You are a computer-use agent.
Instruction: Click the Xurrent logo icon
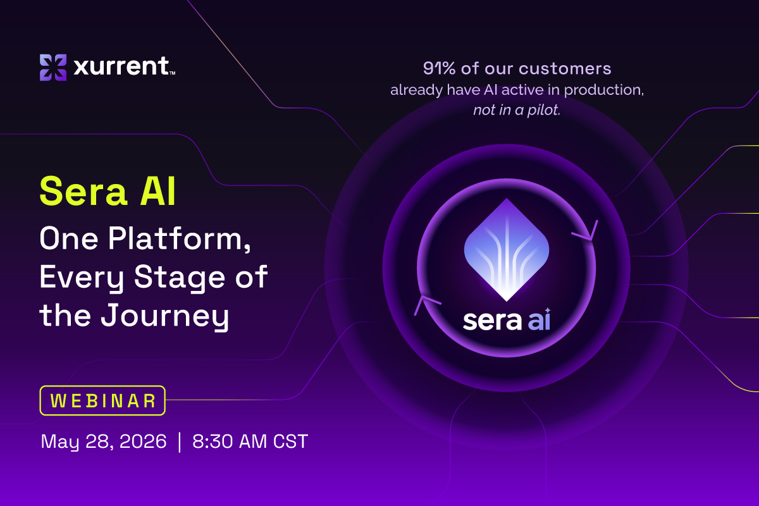(53, 68)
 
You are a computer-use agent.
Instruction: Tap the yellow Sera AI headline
(108, 191)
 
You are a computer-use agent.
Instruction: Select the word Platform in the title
(180, 238)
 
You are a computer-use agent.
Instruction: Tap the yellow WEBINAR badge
(102, 400)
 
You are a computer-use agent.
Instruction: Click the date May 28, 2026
(104, 441)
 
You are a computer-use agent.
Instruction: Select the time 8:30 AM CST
(250, 441)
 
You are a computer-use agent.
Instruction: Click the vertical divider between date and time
(180, 442)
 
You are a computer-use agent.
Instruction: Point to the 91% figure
(439, 68)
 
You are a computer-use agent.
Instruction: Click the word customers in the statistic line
(565, 68)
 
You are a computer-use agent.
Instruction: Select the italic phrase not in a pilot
(517, 110)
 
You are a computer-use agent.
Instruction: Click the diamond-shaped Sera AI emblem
(507, 250)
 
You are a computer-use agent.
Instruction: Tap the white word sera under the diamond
(492, 320)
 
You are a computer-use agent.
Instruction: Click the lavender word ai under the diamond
(538, 319)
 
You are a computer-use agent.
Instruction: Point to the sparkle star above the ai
(548, 311)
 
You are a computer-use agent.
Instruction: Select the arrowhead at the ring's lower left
(425, 304)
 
